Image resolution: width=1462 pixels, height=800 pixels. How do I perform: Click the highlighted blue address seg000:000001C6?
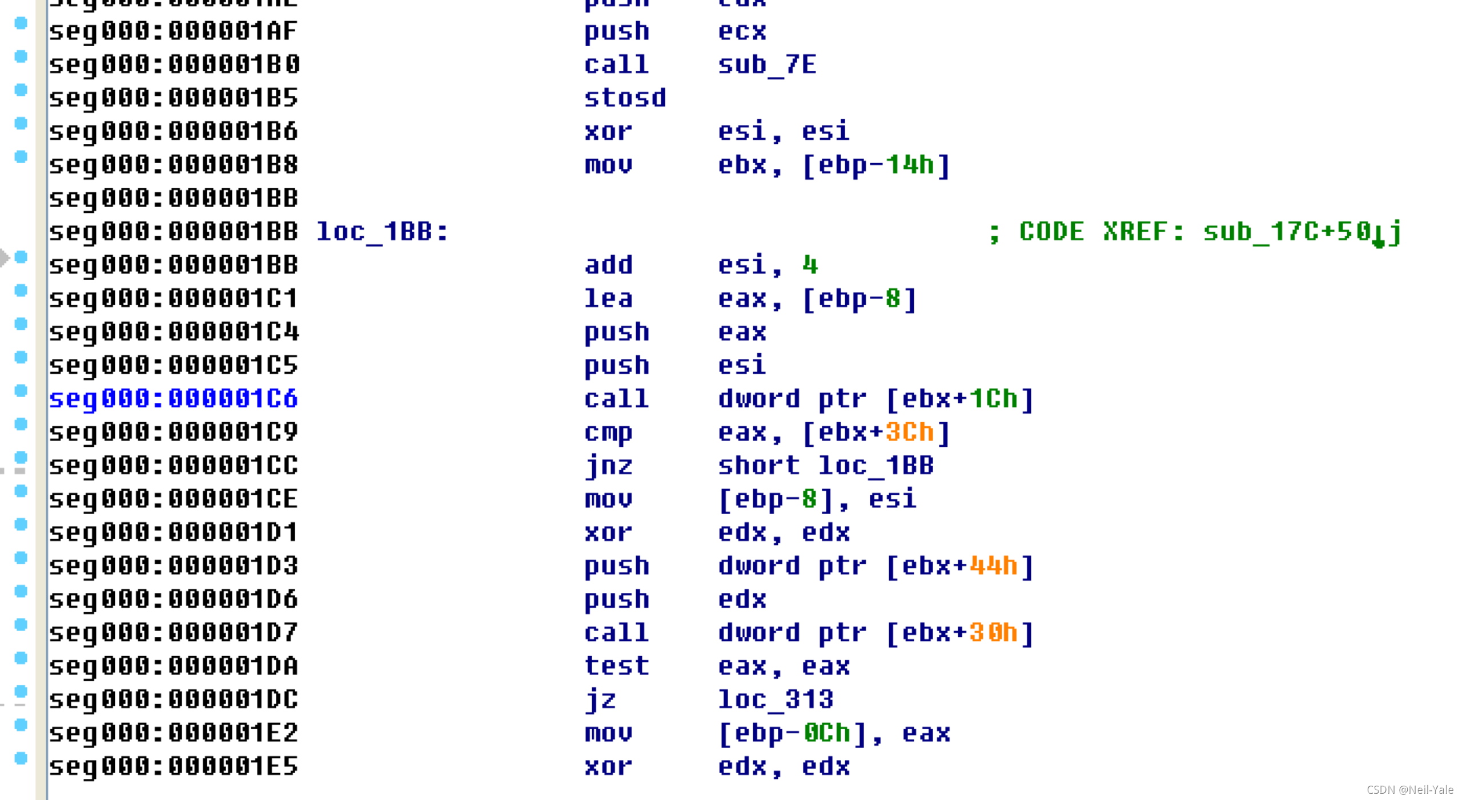pyautogui.click(x=173, y=398)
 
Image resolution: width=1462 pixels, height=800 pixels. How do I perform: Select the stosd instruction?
pyautogui.click(x=625, y=98)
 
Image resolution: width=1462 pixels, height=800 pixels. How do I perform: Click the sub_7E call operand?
pyautogui.click(x=767, y=64)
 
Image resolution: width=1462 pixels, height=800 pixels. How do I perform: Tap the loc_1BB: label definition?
pyautogui.click(x=382, y=232)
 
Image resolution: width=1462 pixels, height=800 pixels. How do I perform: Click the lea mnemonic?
pyautogui.click(x=608, y=298)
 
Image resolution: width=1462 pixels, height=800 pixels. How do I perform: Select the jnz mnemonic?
pyautogui.click(x=608, y=466)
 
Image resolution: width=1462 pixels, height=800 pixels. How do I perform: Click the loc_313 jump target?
pyautogui.click(x=776, y=700)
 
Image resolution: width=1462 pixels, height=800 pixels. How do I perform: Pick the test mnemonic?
pyautogui.click(x=617, y=666)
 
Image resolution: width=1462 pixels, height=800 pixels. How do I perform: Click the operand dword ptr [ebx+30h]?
pyautogui.click(x=875, y=633)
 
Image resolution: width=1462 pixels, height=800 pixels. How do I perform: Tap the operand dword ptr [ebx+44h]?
pyautogui.click(x=875, y=566)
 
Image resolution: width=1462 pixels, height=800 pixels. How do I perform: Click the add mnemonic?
pyautogui.click(x=608, y=265)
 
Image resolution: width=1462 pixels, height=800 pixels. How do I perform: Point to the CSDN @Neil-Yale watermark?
pyautogui.click(x=1409, y=789)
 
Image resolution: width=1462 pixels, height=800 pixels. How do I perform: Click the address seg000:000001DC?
pyautogui.click(x=173, y=700)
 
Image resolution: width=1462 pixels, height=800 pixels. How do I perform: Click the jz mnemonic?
pyautogui.click(x=600, y=700)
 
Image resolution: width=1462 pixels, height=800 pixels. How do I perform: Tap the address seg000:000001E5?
pyautogui.click(x=173, y=766)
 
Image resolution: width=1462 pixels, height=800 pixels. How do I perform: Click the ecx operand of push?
pyautogui.click(x=742, y=31)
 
